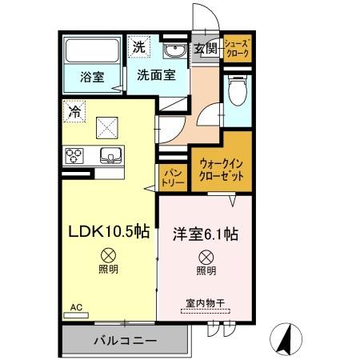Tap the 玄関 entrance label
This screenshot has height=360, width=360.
206,49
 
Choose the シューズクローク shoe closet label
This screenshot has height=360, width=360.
238,49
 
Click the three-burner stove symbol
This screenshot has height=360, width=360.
76,154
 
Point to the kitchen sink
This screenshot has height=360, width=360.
107,154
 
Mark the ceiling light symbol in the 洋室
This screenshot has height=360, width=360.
206,257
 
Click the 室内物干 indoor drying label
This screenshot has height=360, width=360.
206,303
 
